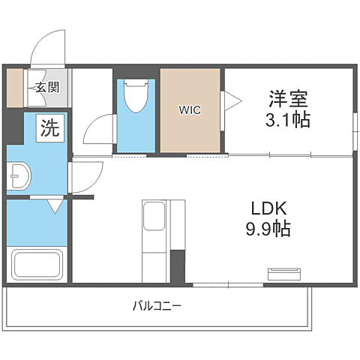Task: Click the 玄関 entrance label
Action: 47,88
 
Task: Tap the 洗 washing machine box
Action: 50,128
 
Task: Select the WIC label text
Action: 190,110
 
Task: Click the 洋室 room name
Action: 288,99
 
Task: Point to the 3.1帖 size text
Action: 288,119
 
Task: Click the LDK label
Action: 268,208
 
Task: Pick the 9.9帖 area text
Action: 268,229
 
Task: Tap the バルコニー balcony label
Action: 157,306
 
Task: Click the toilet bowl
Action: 136,96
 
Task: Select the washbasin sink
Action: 19,176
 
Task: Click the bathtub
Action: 37,265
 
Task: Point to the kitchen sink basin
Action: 154,216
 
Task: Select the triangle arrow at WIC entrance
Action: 233,101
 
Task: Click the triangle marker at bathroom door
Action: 55,206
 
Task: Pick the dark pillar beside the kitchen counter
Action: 178,266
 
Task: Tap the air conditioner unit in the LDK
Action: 284,274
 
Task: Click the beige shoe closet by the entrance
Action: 15,88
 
